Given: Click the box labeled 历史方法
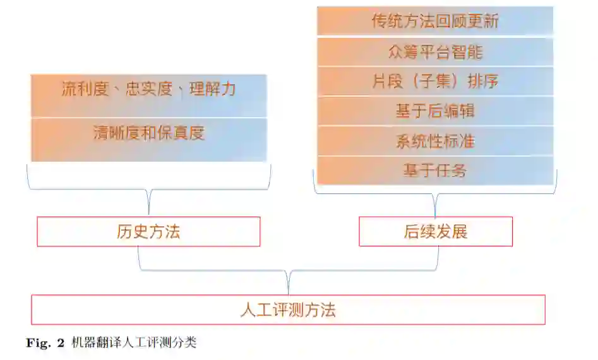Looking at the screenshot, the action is (x=148, y=232).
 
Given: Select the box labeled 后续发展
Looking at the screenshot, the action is (x=435, y=232).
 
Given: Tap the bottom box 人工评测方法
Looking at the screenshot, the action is (x=288, y=309).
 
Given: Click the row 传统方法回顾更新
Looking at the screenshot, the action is (x=435, y=21).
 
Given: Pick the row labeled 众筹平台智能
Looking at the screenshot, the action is (x=435, y=52).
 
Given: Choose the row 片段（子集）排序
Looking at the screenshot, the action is (x=435, y=81).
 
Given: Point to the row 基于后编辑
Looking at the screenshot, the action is (x=435, y=111).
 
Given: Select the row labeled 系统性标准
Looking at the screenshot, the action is (x=435, y=141).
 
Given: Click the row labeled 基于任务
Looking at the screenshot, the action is (x=435, y=170).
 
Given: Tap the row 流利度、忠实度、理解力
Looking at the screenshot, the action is (x=148, y=89).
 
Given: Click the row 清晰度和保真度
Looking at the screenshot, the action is (x=148, y=133).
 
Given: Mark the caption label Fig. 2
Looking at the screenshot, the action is (x=45, y=344).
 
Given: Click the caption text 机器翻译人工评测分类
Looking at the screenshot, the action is (x=135, y=343).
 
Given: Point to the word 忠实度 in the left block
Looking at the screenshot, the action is (x=149, y=89).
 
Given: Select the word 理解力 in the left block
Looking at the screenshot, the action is (x=212, y=89).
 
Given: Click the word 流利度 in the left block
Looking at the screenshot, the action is (x=85, y=89).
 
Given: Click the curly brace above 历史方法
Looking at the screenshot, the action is (x=148, y=189).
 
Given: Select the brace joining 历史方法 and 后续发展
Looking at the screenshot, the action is (x=288, y=271).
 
